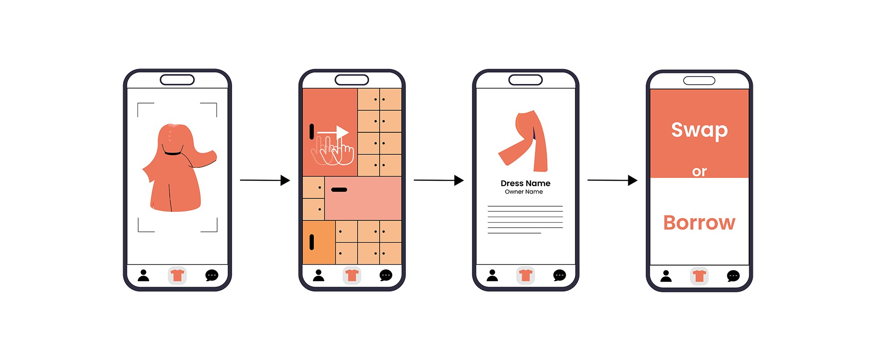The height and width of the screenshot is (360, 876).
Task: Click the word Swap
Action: [x=699, y=130]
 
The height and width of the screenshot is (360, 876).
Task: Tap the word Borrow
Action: [x=699, y=223]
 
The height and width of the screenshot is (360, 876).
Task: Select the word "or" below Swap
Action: [x=699, y=172]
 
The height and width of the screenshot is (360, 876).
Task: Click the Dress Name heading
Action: [x=526, y=183]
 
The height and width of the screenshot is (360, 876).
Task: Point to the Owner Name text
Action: [x=524, y=192]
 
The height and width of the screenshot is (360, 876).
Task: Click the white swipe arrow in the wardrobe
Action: [x=333, y=132]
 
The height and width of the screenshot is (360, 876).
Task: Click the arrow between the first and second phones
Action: [x=265, y=180]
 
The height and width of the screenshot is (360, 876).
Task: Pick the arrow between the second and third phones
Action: [x=438, y=180]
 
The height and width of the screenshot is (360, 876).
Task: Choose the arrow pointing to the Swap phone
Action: [x=612, y=180]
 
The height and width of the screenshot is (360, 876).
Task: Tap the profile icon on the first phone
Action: [x=144, y=275]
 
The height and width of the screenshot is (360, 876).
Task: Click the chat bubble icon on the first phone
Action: [x=212, y=276]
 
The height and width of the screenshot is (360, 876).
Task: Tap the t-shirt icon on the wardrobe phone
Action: [x=352, y=276]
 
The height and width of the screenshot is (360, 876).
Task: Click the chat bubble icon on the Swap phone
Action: [x=733, y=276]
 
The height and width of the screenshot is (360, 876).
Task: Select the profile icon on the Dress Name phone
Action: [x=492, y=275]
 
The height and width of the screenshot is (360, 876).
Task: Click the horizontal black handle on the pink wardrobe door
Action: [x=339, y=189]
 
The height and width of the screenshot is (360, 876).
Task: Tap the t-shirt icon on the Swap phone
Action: [x=699, y=276]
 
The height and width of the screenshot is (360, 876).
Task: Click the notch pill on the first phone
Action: [x=177, y=80]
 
